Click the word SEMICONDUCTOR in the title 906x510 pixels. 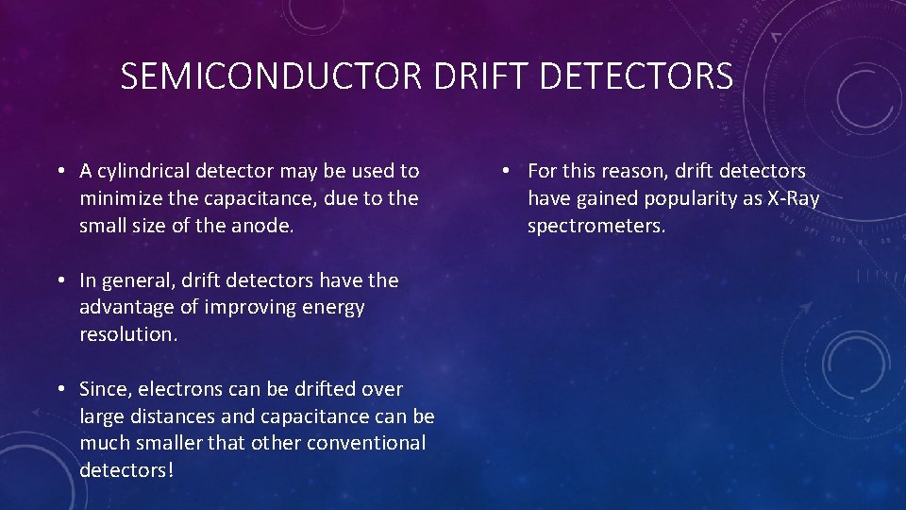[x=273, y=76]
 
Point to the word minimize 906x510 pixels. [x=116, y=198]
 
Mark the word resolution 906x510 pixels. [x=127, y=334]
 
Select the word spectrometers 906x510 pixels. [x=596, y=226]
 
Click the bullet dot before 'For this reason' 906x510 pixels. [x=507, y=171]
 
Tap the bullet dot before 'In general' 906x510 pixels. [x=59, y=280]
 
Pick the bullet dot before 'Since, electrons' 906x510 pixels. [x=59, y=389]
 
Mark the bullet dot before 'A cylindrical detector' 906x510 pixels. [x=59, y=171]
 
